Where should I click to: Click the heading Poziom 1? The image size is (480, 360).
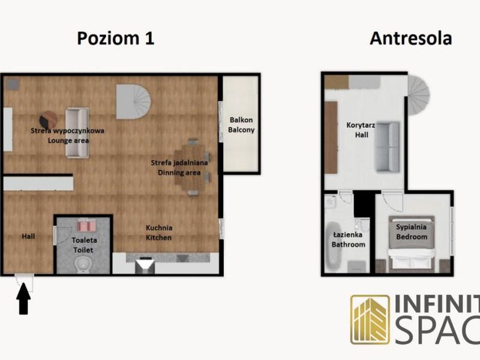(x=115, y=38)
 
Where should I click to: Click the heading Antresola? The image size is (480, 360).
(x=411, y=38)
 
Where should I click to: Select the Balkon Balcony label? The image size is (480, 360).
(x=241, y=125)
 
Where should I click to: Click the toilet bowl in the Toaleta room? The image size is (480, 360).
(x=82, y=265)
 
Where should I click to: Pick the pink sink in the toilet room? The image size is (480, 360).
(x=86, y=226)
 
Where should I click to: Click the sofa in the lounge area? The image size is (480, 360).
(x=77, y=133)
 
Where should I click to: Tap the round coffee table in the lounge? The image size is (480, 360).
(x=49, y=119)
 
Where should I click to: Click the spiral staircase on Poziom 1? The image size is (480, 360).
(x=133, y=101)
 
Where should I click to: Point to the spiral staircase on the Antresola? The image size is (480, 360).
(x=418, y=95)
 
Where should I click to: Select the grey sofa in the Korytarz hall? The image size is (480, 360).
(x=387, y=146)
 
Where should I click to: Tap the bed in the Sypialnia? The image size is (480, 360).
(x=412, y=244)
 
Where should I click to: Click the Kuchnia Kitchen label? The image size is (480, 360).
(x=158, y=233)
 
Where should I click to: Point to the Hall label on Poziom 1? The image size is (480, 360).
(x=28, y=236)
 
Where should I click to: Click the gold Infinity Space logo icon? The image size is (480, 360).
(x=370, y=320)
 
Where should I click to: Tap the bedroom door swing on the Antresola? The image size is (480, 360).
(x=392, y=201)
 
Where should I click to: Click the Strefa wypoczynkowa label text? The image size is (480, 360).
(x=67, y=131)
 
